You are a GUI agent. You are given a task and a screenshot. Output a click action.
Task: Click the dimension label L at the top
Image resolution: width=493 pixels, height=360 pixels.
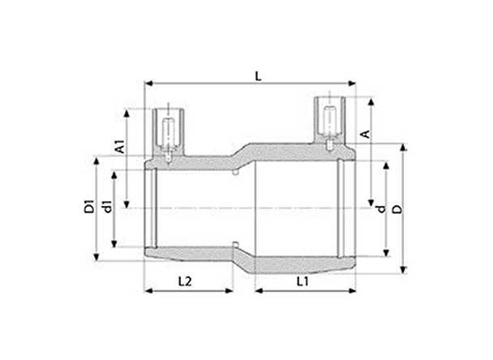coord(258,76)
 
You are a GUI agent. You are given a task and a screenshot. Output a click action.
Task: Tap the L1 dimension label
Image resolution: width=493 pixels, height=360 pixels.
coord(303,281)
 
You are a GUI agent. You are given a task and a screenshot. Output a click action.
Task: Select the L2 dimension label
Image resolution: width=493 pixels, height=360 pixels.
coord(185,281)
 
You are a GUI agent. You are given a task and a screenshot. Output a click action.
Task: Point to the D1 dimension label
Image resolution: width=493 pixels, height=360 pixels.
coord(89,206)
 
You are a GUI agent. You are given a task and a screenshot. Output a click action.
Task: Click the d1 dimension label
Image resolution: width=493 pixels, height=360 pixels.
coord(108,206)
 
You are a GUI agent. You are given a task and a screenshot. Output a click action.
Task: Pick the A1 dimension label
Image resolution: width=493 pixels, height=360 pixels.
coord(120,147)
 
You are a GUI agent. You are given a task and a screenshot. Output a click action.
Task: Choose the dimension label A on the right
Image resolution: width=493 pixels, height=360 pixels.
coord(365,134)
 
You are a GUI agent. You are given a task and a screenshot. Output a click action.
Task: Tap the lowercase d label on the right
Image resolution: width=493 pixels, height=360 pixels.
coord(381,208)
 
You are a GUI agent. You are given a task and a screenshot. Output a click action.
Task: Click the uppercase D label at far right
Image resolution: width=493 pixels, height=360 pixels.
coord(398,209)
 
